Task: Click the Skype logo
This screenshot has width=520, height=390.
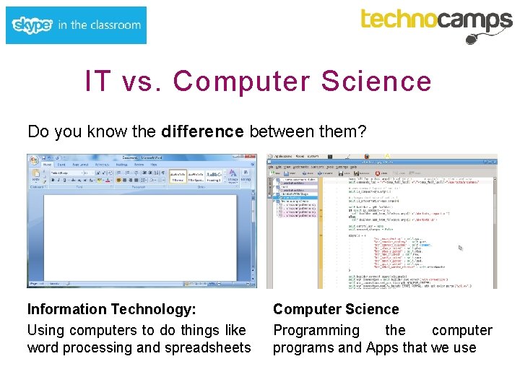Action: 32,25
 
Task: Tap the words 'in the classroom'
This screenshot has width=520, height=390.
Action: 99,25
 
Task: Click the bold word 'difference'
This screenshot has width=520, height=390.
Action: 203,131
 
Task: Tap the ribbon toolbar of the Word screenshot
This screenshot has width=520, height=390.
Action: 141,174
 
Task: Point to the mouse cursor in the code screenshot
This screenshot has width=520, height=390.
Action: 460,247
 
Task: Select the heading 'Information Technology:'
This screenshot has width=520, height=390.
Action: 111,309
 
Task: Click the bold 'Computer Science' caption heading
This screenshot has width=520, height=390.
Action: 335,309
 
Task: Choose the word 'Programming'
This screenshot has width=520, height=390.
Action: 316,330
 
